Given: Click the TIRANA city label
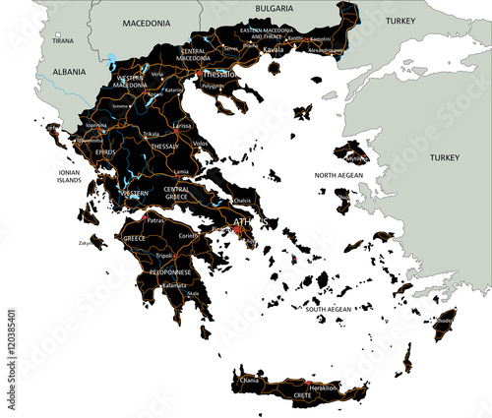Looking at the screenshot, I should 62,42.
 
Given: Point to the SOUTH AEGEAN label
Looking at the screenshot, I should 328,310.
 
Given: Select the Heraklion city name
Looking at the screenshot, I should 322,388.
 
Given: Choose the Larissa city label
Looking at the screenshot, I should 181,127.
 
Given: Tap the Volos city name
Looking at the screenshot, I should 201,144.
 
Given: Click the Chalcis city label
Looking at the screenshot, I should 243,200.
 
